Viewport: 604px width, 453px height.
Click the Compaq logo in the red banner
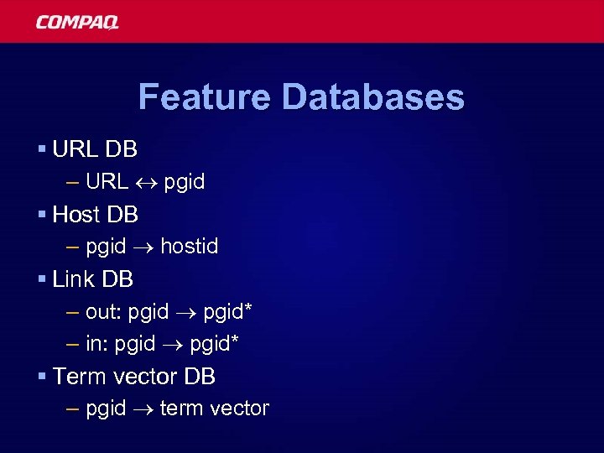[77, 22]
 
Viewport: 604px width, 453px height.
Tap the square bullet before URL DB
[41, 149]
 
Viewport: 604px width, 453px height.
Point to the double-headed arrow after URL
[146, 181]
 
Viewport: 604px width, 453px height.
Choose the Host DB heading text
[95, 214]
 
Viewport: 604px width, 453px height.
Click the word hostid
[189, 246]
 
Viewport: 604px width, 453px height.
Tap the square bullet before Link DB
[41, 279]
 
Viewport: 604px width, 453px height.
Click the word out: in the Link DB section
[104, 311]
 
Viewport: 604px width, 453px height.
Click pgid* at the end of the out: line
[227, 312]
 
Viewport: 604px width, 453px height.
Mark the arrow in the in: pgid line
[172, 343]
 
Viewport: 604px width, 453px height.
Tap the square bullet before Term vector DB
[41, 376]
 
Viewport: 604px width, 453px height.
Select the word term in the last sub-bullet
[181, 409]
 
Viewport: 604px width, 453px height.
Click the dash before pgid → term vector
[73, 409]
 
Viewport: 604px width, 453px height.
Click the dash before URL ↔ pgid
[73, 181]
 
